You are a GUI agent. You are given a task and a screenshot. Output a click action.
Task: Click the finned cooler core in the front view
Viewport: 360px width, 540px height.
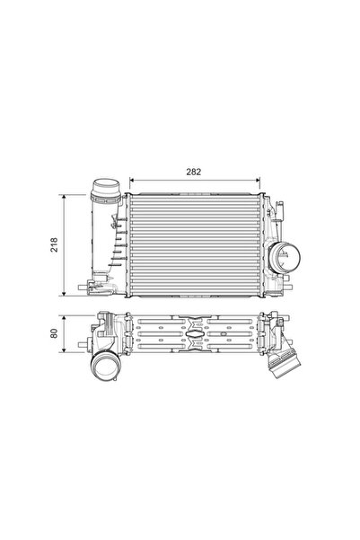pyautogui.click(x=196, y=243)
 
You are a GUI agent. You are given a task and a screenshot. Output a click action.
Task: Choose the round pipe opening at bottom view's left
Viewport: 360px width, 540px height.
pyautogui.click(x=104, y=369)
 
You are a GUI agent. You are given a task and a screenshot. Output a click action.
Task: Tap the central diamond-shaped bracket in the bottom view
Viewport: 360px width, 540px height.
pyautogui.click(x=197, y=335)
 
